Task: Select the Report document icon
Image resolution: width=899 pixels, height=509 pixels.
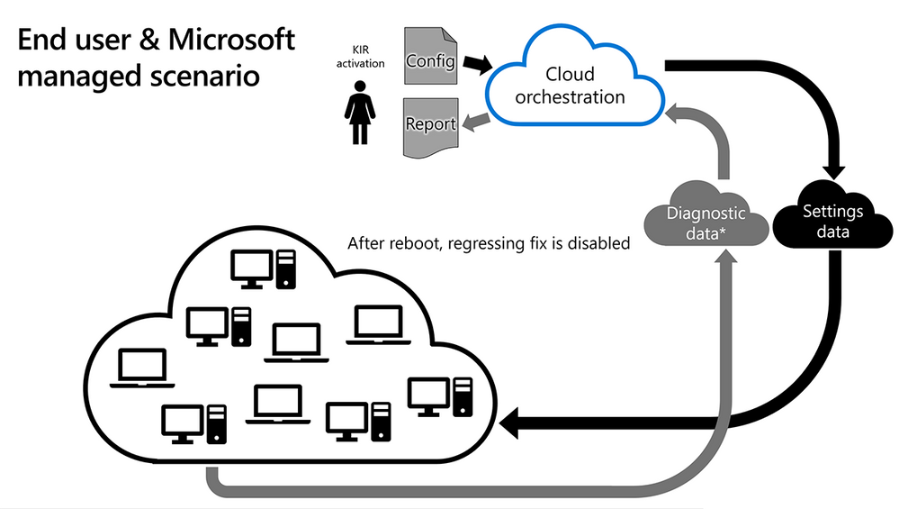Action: pyautogui.click(x=430, y=125)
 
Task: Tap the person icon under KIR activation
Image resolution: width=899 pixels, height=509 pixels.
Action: pyautogui.click(x=360, y=112)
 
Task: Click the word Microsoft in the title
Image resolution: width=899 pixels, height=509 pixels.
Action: pyautogui.click(x=227, y=40)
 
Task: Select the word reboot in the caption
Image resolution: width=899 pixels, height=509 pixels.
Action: pyautogui.click(x=413, y=243)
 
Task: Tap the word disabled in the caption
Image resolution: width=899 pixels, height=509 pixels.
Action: pyautogui.click(x=600, y=243)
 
